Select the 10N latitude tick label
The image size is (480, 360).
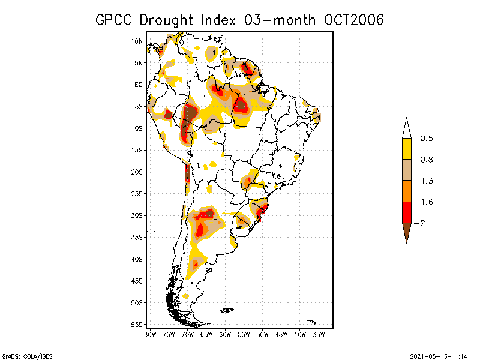point(137,41)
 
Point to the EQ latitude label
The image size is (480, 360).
point(139,85)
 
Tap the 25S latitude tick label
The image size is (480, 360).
point(137,194)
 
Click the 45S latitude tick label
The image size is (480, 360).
point(137,281)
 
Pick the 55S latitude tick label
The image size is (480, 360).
point(137,325)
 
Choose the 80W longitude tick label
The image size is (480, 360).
point(150,334)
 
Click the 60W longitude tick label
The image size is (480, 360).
point(225,334)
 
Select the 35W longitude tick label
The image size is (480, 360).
point(319,334)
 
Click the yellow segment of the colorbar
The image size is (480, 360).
point(406,149)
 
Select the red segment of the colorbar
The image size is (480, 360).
point(406,212)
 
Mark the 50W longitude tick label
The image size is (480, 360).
point(262,334)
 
